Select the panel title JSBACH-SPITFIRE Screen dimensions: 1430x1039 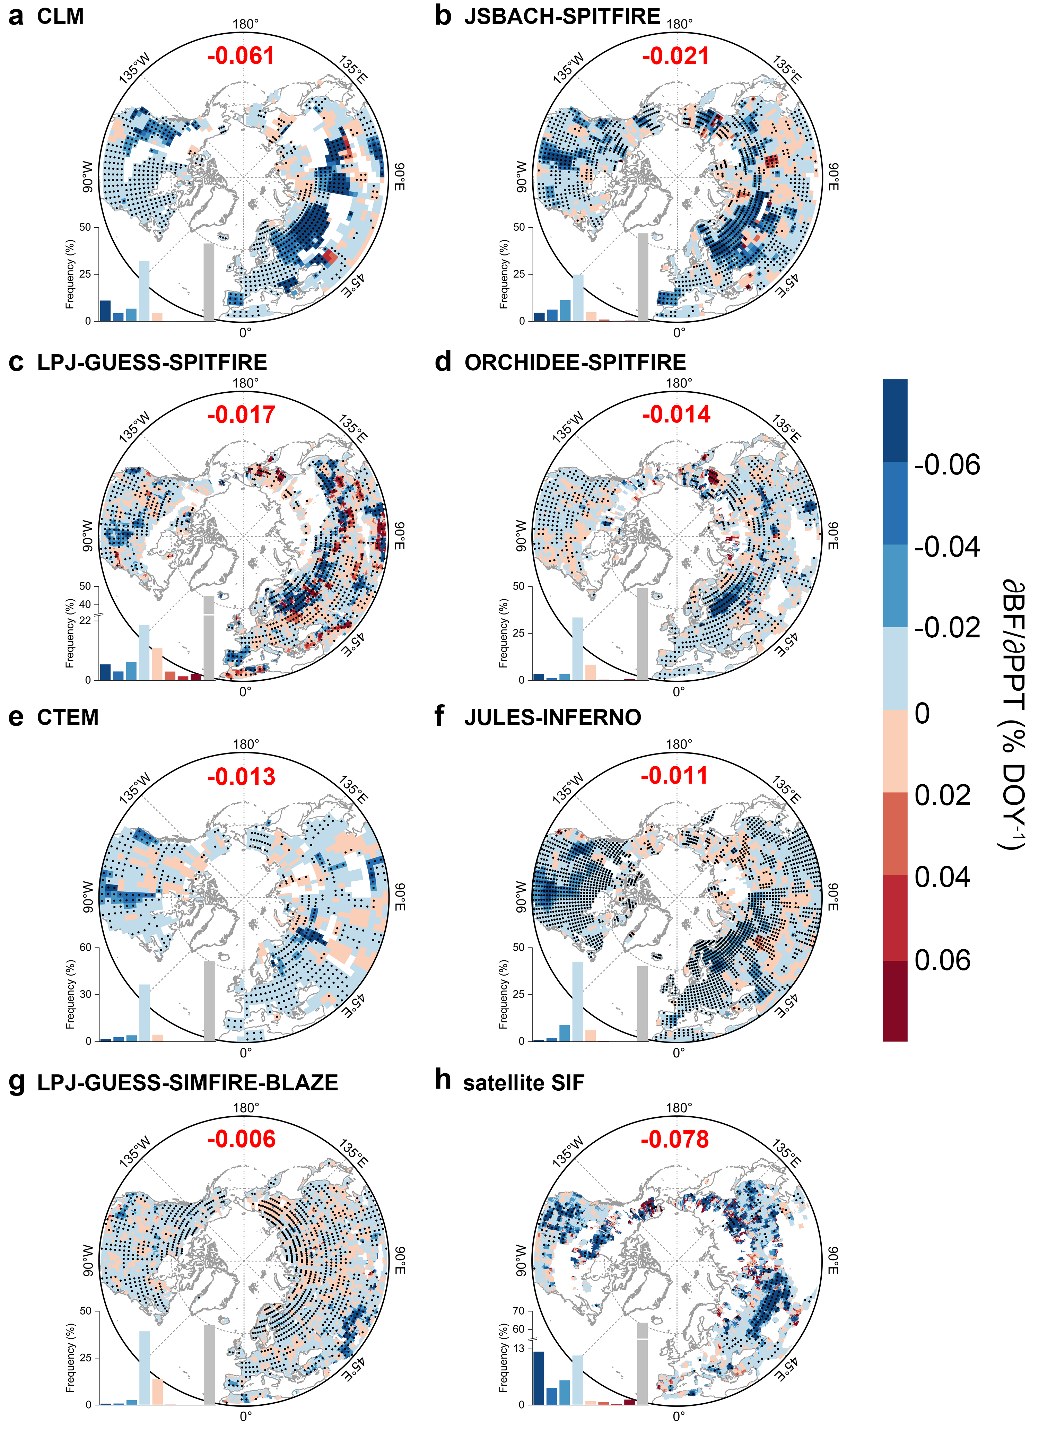(x=562, y=16)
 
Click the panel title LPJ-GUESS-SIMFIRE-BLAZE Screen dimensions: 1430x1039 (x=187, y=1083)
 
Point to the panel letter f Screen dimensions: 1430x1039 (x=439, y=716)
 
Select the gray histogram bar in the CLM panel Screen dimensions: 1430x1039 (x=209, y=282)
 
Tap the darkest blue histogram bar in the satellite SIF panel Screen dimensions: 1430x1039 (x=539, y=1378)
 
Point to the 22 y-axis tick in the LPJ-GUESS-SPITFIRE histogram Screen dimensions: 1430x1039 (x=85, y=620)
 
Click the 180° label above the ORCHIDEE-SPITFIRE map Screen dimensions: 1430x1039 (x=679, y=383)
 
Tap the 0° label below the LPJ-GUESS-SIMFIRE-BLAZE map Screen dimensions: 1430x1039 (x=246, y=1416)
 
